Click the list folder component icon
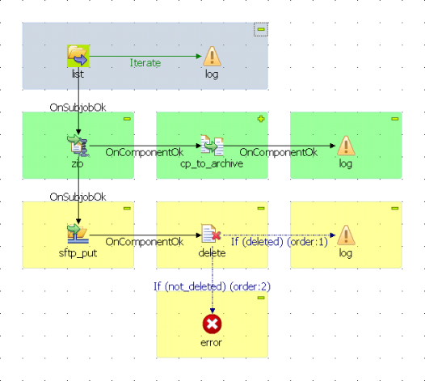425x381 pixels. (x=78, y=56)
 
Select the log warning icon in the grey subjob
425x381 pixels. (x=212, y=56)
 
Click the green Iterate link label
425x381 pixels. (x=145, y=63)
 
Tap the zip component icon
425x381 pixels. (x=78, y=146)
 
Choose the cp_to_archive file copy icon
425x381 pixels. (x=212, y=146)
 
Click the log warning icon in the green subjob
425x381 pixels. (x=346, y=146)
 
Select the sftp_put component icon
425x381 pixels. (x=78, y=234)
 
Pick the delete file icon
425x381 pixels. (x=211, y=234)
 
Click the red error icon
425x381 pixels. (x=212, y=324)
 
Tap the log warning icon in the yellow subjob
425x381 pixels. (x=346, y=235)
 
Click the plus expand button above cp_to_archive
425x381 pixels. (x=261, y=119)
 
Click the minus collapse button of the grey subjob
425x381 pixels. (x=261, y=29)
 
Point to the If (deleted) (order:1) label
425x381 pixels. (x=280, y=242)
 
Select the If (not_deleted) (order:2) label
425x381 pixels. (x=212, y=286)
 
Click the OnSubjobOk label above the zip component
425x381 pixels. (x=78, y=108)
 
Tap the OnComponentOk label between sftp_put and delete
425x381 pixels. (x=145, y=242)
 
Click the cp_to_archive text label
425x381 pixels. (x=212, y=163)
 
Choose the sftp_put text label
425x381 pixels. (x=78, y=253)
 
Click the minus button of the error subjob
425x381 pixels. (x=261, y=298)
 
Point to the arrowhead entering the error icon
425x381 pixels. (x=212, y=311)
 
